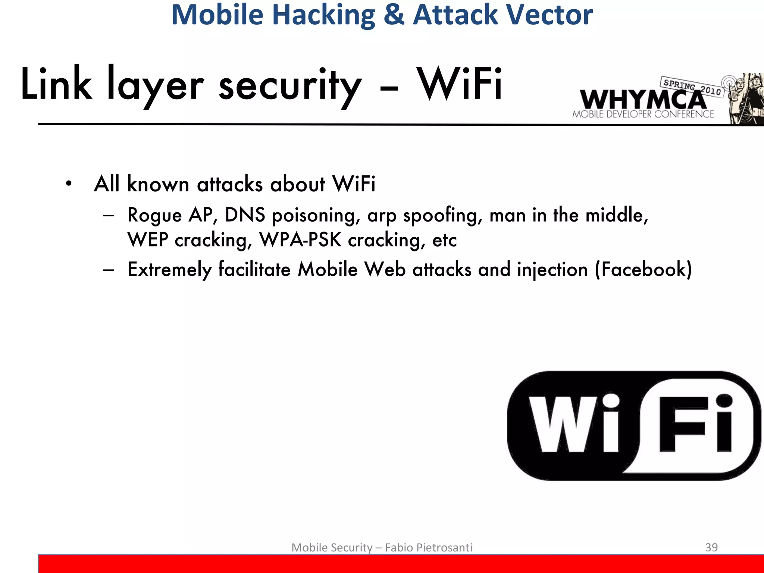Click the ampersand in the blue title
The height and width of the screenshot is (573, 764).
point(394,15)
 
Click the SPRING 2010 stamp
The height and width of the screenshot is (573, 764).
point(692,86)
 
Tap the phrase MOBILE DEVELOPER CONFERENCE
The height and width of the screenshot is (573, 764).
point(643,114)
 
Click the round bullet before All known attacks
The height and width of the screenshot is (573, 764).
point(68,184)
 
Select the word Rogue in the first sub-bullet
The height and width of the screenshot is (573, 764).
point(154,215)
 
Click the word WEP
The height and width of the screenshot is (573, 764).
point(148,239)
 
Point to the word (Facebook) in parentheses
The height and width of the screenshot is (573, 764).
point(644,269)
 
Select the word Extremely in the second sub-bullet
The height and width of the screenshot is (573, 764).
point(170,269)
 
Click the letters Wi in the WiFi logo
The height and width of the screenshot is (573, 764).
point(574,423)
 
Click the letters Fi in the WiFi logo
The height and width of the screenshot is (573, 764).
point(696,423)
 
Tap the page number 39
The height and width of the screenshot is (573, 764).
point(711,547)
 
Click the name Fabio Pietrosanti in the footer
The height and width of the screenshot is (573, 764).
point(429,547)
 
